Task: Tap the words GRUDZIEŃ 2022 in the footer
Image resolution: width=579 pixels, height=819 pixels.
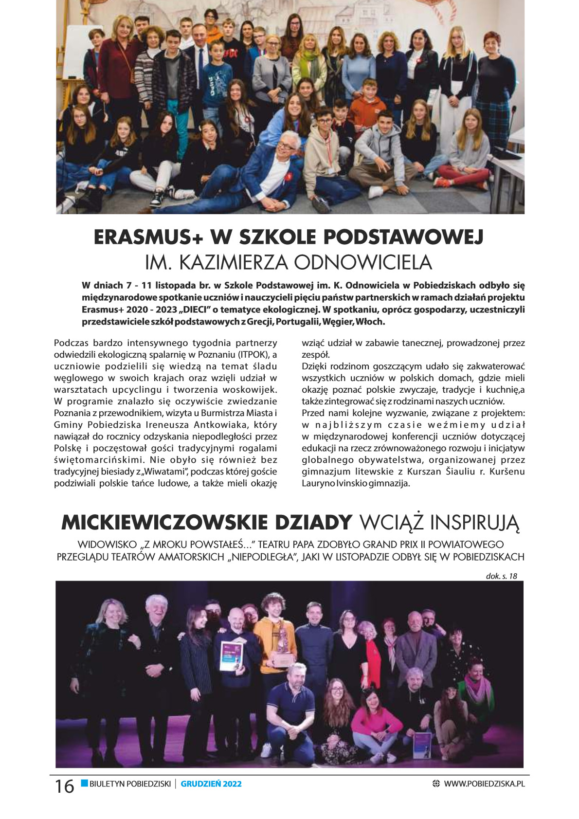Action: click(211, 784)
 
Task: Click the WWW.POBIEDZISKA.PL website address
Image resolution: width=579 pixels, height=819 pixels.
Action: click(484, 784)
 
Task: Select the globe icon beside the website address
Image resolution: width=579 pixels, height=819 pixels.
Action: click(436, 784)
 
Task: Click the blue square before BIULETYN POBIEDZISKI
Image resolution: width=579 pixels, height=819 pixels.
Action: click(84, 783)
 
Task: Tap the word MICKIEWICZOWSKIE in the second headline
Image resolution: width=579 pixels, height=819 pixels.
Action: click(164, 523)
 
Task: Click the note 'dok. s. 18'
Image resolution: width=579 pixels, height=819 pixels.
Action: click(501, 576)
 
